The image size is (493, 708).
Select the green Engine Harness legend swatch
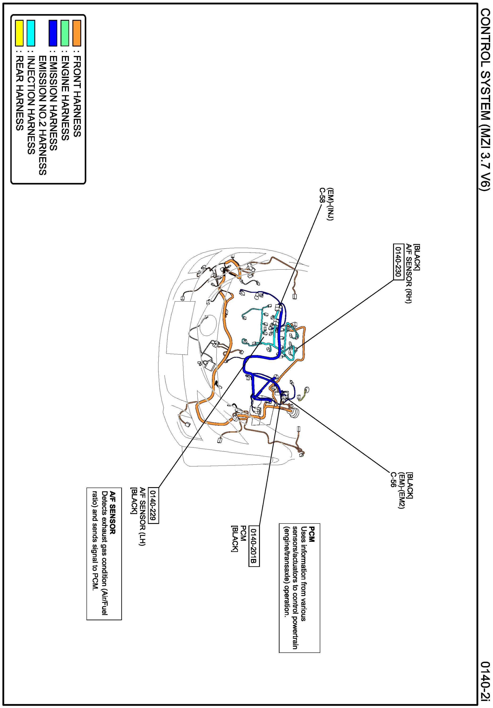pos(65,33)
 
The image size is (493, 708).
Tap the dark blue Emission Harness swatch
pos(53,33)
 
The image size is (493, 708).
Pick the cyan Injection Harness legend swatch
pos(31,33)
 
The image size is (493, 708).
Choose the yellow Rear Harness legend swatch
pos(19,33)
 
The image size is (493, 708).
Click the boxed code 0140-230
pos(398,262)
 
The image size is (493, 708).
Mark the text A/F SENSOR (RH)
pos(408,274)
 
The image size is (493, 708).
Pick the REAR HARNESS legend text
pos(19,93)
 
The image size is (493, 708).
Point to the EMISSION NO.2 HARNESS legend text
pos(43,115)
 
